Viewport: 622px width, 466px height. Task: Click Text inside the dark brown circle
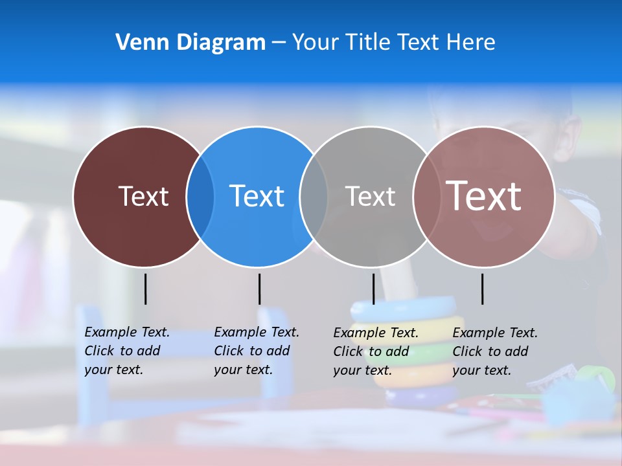143,196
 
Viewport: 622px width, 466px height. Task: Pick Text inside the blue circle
257,196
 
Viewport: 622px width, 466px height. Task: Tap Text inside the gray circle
370,196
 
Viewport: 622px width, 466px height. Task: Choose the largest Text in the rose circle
484,196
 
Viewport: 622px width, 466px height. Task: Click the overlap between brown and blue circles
200,196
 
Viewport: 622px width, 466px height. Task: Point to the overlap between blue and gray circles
314,196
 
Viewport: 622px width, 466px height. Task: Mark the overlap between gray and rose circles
427,196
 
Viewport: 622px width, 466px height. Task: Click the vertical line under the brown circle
145,289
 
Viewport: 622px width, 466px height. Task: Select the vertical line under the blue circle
259,289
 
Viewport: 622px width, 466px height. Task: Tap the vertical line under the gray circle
373,289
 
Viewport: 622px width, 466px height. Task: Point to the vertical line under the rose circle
482,289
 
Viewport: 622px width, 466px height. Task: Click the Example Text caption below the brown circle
127,351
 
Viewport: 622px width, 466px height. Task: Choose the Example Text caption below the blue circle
257,351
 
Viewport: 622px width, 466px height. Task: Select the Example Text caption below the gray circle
376,351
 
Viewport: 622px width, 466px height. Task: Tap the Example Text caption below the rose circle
495,351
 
